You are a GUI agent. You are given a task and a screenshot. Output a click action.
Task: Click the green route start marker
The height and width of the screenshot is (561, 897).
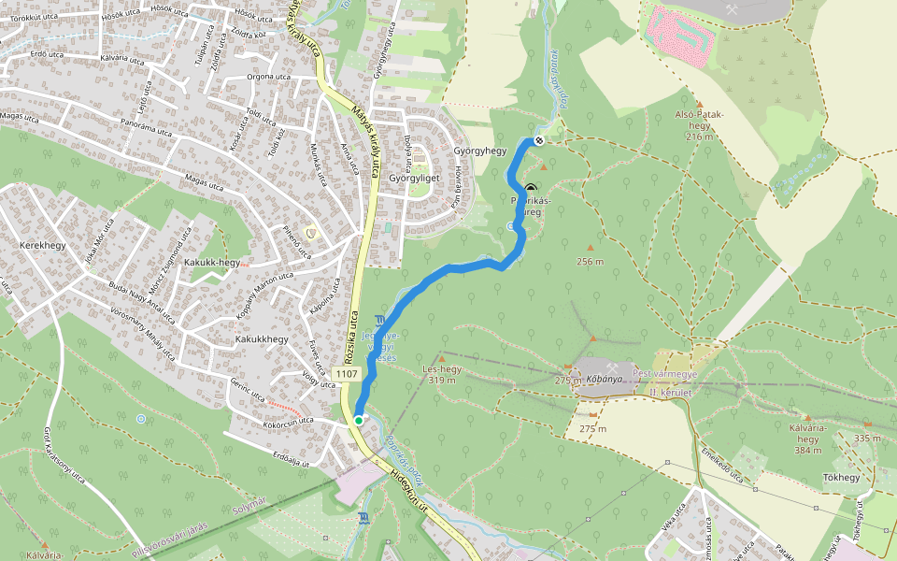(358, 421)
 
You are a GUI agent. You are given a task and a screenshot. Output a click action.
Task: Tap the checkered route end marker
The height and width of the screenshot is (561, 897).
(539, 141)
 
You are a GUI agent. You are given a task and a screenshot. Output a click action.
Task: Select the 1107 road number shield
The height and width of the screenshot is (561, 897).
(346, 374)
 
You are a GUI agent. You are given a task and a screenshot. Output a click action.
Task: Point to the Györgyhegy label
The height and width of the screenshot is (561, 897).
(479, 151)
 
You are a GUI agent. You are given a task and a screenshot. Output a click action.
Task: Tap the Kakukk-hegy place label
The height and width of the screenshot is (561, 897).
(212, 263)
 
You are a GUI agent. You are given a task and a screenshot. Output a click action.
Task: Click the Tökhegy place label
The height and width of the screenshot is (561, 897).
(841, 478)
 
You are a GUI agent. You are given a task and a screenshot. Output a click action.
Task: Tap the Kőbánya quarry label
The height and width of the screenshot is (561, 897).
(605, 381)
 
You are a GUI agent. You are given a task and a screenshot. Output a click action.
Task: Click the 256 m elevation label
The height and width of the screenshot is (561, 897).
(591, 261)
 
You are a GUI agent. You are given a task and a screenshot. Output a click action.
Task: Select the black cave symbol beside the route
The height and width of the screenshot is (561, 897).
(531, 188)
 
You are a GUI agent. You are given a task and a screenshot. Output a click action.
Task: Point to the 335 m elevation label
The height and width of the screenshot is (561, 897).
(867, 438)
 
